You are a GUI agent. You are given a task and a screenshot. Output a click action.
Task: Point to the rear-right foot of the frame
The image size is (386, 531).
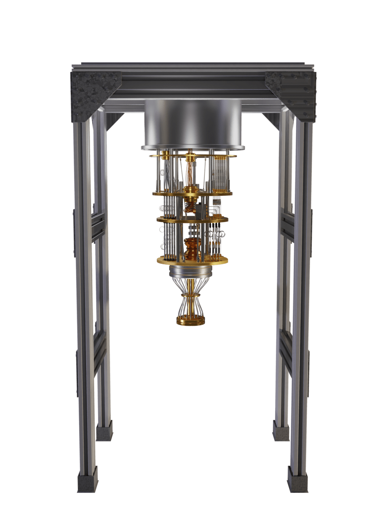(281, 431)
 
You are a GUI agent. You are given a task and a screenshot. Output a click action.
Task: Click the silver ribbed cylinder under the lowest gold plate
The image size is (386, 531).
(191, 272)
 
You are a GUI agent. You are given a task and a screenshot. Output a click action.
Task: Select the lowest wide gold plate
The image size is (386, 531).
(192, 261)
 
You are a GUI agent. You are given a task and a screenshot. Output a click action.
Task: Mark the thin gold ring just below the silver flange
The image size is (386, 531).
(193, 156)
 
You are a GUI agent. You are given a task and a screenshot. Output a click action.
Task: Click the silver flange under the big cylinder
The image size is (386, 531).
(193, 148)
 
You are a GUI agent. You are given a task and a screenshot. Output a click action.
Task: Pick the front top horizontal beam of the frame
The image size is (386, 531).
(193, 83)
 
